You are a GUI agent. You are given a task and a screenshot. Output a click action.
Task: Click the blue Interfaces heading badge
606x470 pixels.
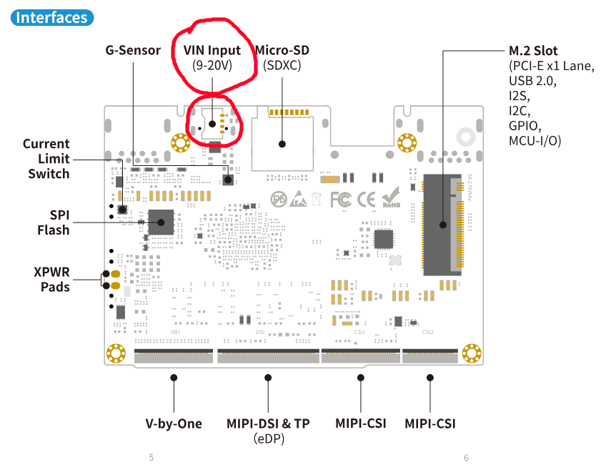click(x=52, y=18)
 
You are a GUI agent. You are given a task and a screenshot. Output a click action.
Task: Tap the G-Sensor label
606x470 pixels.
click(x=133, y=51)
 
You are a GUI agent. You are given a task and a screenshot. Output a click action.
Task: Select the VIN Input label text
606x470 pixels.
click(x=212, y=51)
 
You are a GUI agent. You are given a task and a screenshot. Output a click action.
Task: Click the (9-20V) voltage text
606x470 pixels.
click(x=212, y=65)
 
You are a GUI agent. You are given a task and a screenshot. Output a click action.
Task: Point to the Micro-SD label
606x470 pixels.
click(x=283, y=51)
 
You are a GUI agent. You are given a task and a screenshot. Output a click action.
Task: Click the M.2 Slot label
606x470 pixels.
click(x=533, y=51)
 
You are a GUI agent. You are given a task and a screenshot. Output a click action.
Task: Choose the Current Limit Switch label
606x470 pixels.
click(x=47, y=159)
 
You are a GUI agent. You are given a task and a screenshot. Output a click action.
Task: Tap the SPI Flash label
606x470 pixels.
click(x=54, y=222)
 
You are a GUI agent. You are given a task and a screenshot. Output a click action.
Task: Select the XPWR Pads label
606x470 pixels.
click(x=51, y=279)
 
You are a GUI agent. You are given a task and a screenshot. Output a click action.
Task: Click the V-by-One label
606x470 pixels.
click(x=174, y=424)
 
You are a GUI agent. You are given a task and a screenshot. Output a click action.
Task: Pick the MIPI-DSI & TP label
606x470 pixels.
click(x=268, y=424)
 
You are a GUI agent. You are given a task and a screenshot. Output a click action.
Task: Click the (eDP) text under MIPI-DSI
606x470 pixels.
click(x=268, y=438)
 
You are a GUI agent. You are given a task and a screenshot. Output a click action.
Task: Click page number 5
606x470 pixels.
click(x=151, y=458)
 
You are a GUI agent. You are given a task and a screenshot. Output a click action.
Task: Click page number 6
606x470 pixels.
click(x=466, y=458)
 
